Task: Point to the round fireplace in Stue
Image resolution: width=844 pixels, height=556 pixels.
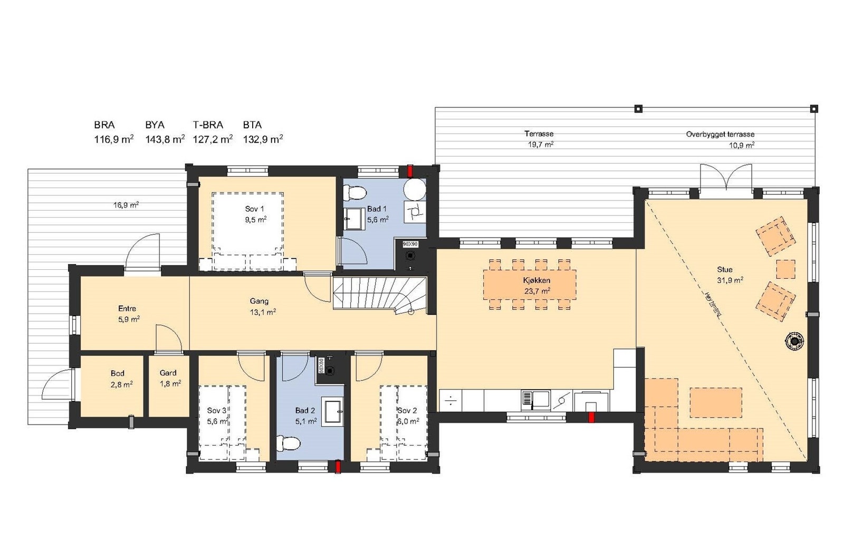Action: tap(794, 341)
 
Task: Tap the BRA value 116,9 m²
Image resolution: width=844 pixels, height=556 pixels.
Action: tap(113, 139)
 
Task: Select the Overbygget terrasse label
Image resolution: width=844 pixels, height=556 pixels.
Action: tap(720, 135)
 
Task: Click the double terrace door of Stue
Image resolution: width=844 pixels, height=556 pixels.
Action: tap(726, 177)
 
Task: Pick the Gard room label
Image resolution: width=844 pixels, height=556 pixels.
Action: tap(168, 373)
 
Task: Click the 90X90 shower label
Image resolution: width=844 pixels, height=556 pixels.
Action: tap(410, 244)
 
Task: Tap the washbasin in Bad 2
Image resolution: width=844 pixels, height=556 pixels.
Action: tap(333, 412)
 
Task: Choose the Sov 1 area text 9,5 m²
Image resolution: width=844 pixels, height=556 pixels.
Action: tap(255, 220)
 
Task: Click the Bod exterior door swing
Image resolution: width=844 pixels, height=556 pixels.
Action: tap(56, 384)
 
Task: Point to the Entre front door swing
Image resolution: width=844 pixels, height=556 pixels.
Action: tap(142, 252)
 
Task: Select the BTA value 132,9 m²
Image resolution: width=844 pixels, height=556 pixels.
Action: tap(263, 139)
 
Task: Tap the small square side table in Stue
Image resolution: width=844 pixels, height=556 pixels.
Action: tap(785, 269)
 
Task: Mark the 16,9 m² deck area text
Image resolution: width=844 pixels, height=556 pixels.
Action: tap(126, 205)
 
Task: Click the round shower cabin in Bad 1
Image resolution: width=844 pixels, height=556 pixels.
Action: tap(415, 190)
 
